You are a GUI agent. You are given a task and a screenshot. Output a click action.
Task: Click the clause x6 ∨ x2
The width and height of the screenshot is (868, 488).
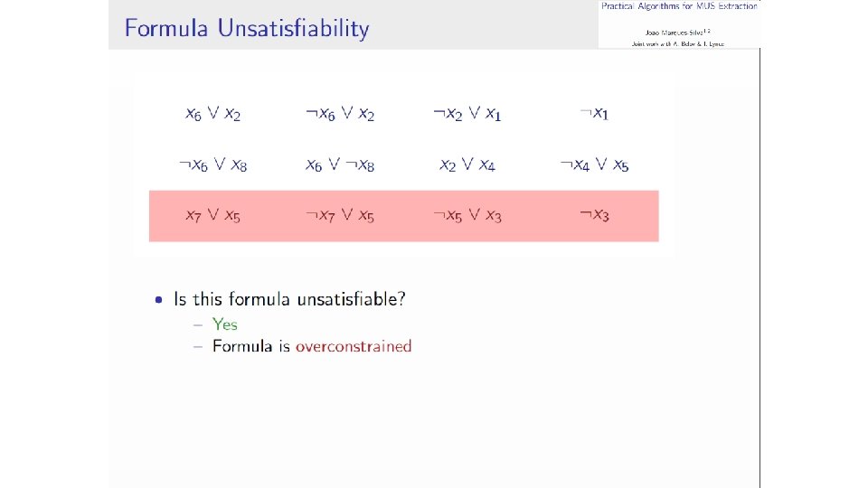coord(212,114)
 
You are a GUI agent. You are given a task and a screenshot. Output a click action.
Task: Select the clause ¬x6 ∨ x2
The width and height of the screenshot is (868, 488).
coord(339,114)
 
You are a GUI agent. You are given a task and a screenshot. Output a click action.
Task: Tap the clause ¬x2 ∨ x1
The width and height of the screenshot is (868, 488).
coord(467,114)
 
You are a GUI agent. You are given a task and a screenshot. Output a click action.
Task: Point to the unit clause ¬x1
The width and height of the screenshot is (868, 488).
coord(594,114)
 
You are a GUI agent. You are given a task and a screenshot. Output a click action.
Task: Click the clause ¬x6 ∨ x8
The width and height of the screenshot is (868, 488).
coord(212,165)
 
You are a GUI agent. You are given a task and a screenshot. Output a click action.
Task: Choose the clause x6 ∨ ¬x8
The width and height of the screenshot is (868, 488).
coord(339,165)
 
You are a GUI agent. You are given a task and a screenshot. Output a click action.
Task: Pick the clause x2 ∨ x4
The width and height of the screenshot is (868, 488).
coord(467,165)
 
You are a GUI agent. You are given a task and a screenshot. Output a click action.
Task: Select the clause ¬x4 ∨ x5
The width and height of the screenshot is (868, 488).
coord(594,165)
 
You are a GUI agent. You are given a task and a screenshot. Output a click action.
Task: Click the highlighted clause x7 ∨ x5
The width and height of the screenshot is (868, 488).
coord(212,216)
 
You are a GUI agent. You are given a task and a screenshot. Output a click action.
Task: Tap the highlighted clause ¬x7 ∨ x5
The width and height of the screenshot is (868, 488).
coord(339,216)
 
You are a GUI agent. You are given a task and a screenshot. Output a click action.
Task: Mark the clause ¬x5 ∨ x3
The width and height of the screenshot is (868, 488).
coord(467,216)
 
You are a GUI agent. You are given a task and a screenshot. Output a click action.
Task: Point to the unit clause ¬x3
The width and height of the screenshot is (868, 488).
coord(594,216)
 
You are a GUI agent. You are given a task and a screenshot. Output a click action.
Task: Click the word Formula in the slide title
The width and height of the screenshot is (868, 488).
coord(165,29)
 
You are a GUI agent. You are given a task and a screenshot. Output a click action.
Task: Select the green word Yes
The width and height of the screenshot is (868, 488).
coord(225,324)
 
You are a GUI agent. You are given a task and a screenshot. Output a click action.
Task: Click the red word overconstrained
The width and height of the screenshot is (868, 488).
coord(354,346)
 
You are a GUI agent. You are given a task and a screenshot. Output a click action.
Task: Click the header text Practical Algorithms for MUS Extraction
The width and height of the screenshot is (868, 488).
coord(679,6)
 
